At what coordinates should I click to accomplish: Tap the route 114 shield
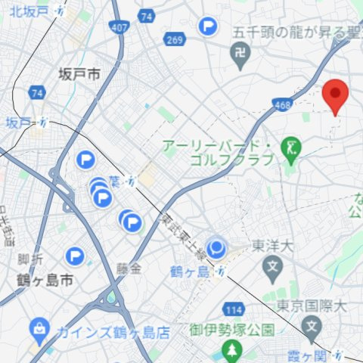click(233, 310)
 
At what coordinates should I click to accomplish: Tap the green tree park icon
click(231, 349)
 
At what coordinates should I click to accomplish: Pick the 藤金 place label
click(129, 268)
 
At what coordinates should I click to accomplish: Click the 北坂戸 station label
click(24, 12)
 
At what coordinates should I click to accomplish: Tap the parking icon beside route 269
click(207, 27)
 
